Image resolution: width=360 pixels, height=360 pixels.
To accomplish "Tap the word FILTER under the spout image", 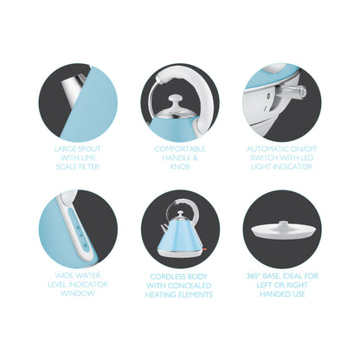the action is (87, 167).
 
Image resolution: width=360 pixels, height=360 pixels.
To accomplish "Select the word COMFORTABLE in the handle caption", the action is (180, 149).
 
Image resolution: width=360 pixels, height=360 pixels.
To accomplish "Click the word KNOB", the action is (180, 167).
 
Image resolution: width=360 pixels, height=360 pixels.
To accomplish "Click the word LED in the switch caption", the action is (306, 157).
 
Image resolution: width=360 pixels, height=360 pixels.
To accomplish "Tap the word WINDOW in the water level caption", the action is (78, 293).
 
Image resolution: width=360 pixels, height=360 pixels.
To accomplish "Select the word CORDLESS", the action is (168, 276).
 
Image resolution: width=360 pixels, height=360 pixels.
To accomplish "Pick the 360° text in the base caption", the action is (253, 276).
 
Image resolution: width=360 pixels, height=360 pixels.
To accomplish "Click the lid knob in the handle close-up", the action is (176, 101).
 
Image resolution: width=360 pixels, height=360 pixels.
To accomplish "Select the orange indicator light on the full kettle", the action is (204, 248).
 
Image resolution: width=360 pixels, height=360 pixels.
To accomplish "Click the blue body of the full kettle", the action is (179, 236).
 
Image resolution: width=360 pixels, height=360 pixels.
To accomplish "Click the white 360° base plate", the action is (282, 231).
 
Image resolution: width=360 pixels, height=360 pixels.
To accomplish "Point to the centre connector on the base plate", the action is (282, 224).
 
